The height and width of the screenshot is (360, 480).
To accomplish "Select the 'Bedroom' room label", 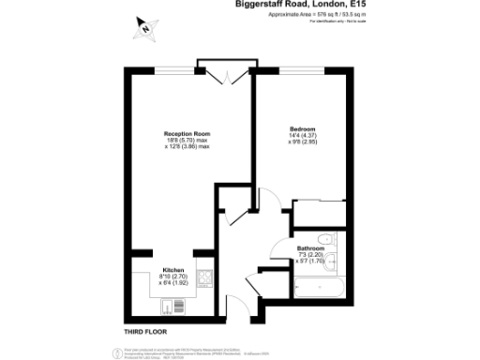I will pos(302,128).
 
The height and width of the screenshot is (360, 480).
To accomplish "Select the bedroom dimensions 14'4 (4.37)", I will pos(302,136).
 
